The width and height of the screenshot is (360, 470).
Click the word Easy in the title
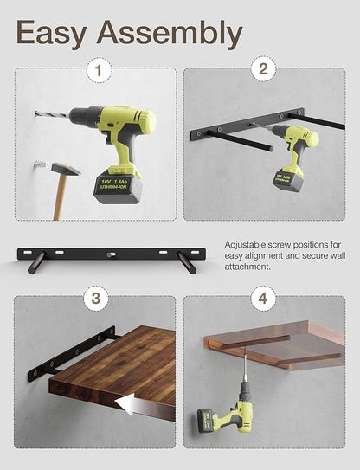pyautogui.click(x=51, y=32)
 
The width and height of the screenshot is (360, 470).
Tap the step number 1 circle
pyautogui.click(x=100, y=70)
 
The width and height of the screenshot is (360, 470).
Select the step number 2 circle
pyautogui.click(x=263, y=68)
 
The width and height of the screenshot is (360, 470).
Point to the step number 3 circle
pyautogui.click(x=96, y=299)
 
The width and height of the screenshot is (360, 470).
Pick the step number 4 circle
pyautogui.click(x=263, y=299)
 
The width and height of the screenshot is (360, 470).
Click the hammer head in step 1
pyautogui.click(x=66, y=169)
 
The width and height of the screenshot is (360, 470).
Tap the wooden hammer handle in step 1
pyautogui.click(x=61, y=197)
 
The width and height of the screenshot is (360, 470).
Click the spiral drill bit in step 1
pyautogui.click(x=52, y=115)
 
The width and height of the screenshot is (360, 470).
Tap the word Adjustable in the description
pyautogui.click(x=245, y=245)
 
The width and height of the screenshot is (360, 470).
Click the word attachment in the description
pyautogui.click(x=247, y=267)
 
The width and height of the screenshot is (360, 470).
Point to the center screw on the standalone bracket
pyautogui.click(x=110, y=255)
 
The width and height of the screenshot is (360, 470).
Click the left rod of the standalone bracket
pyautogui.click(x=36, y=262)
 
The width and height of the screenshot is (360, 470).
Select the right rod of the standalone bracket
pyautogui.click(x=186, y=262)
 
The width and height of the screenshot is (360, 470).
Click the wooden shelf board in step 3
pyautogui.click(x=112, y=371)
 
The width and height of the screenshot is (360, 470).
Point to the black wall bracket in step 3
pyautogui.click(x=71, y=354)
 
